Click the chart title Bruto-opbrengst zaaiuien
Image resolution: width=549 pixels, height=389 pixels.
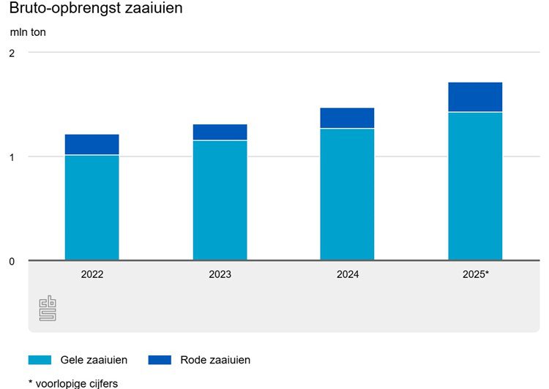point(96,10)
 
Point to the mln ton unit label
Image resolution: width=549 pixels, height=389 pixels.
point(28,32)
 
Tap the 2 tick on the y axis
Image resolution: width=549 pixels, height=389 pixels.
point(12,53)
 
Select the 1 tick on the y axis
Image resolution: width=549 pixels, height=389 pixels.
point(12,156)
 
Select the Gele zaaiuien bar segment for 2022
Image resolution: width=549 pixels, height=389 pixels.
point(92,208)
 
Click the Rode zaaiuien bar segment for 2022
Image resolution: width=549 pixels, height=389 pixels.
point(92,145)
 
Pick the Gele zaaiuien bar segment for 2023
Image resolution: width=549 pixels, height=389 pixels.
point(220,200)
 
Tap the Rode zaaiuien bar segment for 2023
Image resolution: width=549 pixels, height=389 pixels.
point(220,132)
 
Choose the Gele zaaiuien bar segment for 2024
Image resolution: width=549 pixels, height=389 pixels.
point(347,194)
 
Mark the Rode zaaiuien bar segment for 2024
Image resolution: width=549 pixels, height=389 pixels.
point(347,118)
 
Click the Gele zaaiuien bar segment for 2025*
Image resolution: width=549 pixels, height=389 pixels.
point(475,186)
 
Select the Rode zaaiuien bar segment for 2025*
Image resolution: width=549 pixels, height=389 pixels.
point(475,97)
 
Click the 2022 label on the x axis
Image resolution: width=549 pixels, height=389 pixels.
point(92,275)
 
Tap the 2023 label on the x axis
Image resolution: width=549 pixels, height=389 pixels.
point(220,275)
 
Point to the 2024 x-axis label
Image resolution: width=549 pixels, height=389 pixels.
point(347,275)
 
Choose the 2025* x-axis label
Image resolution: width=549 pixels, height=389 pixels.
point(476,275)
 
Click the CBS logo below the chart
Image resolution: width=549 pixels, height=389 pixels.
point(48,308)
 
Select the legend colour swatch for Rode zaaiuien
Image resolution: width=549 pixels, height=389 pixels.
point(159,360)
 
